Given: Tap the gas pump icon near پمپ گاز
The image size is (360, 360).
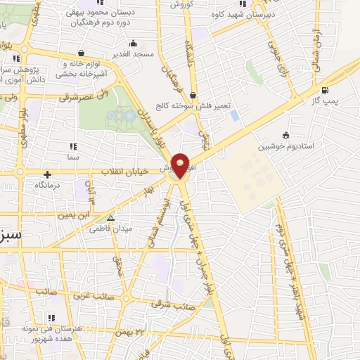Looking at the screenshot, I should coord(324,90).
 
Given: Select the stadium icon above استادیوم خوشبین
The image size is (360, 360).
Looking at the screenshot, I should coord(285,136).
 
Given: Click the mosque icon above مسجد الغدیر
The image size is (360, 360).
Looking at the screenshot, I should coord(83,52).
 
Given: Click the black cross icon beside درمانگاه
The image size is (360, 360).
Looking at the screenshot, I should coord(47,174).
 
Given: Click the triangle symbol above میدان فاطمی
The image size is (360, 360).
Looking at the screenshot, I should coord(109,219).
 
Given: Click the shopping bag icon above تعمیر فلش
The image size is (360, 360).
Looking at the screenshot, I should coord(193,96).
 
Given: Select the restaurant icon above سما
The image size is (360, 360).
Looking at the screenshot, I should coord(73,147).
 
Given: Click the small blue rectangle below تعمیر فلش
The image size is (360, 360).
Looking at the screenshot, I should coord(234,114).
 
